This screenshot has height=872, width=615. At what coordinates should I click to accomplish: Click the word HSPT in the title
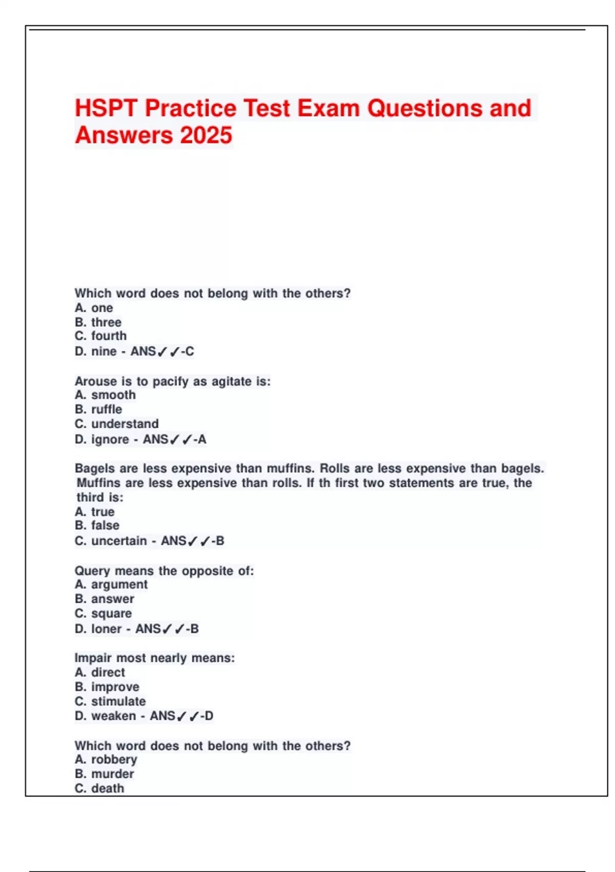pos(106,108)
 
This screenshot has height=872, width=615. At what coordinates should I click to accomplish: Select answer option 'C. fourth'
pos(100,336)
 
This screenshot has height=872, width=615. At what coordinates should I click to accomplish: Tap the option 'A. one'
pos(94,308)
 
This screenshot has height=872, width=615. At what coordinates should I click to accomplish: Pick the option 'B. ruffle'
pos(98,409)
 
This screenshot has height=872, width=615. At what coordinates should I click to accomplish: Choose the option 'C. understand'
pos(117,424)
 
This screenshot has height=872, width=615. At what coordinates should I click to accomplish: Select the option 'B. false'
pos(97,525)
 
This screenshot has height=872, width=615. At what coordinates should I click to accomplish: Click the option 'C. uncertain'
pos(111,541)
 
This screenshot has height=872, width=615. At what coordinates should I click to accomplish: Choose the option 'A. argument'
pos(111,584)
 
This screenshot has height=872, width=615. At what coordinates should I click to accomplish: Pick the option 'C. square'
pos(103,613)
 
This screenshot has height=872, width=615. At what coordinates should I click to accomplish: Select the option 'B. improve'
pos(107,687)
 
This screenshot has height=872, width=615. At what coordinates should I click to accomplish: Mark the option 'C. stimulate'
pos(110,701)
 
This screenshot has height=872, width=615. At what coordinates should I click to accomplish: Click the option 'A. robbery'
pos(106,759)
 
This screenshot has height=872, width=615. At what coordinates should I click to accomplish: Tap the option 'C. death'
pos(99,788)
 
